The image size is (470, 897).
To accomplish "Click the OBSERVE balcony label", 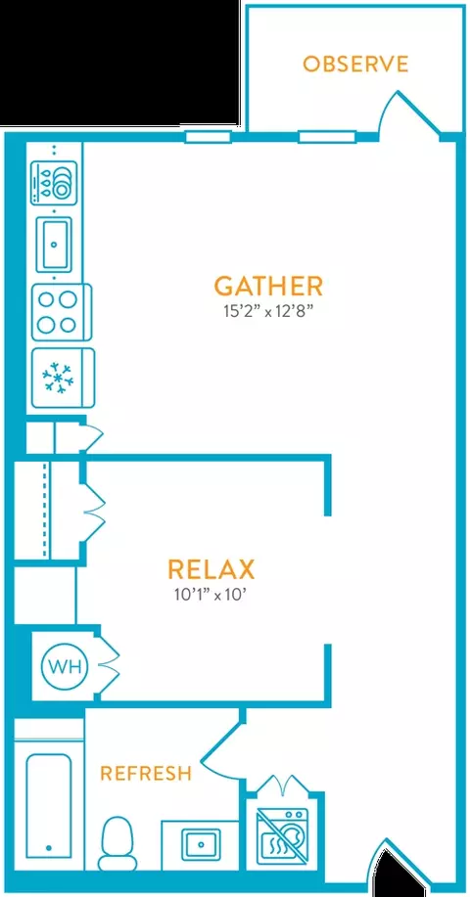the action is pyautogui.click(x=355, y=64).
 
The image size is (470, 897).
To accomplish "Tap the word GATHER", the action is pyautogui.click(x=268, y=286).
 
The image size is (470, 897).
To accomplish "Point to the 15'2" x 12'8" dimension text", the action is pyautogui.click(x=269, y=312).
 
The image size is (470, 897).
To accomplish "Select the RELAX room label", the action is pyautogui.click(x=211, y=569).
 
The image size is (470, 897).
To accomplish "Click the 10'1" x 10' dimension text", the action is pyautogui.click(x=213, y=596).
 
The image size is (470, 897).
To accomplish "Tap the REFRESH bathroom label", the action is pyautogui.click(x=146, y=774).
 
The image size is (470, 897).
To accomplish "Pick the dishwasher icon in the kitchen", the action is pyautogui.click(x=53, y=181).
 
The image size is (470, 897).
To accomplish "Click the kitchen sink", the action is pyautogui.click(x=54, y=245).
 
